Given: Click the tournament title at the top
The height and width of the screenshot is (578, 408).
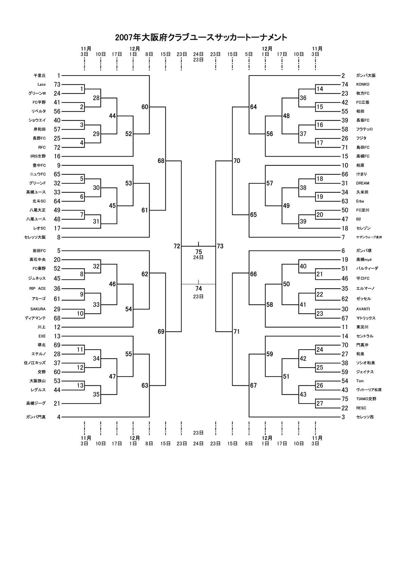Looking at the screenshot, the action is (201, 38).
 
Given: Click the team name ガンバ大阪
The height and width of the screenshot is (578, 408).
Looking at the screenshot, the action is (366, 76).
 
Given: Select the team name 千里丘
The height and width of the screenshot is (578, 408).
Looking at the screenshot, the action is (39, 76).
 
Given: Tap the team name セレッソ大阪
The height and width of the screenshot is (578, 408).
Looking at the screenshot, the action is (35, 237).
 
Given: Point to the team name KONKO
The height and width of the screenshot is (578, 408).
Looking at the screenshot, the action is (363, 84).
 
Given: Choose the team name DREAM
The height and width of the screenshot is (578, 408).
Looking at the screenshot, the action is (363, 183).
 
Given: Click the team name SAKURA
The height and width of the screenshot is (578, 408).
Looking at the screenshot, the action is (38, 309).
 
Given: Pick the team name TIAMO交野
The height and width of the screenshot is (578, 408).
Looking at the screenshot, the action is (366, 399).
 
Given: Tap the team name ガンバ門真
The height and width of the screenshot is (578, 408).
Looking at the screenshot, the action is (36, 417).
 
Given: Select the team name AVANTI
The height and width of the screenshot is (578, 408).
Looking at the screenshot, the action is (363, 309).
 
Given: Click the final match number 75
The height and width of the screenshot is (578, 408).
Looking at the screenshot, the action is (199, 252).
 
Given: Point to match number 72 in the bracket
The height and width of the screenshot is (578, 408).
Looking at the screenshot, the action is (177, 246).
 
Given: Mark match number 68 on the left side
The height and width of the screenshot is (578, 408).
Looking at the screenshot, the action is (161, 161).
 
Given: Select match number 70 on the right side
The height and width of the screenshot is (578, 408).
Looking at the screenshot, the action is (237, 161).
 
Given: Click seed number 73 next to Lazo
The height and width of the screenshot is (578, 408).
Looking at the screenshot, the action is (57, 84).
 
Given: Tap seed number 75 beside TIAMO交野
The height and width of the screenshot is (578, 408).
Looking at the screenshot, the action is (345, 399).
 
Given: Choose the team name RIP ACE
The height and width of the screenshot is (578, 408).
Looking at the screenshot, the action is (37, 288).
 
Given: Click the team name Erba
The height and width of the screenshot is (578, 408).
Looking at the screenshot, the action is (360, 201).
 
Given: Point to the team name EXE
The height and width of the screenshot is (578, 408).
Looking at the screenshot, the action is (42, 336).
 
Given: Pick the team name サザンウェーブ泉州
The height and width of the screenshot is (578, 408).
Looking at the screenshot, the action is (369, 237).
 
